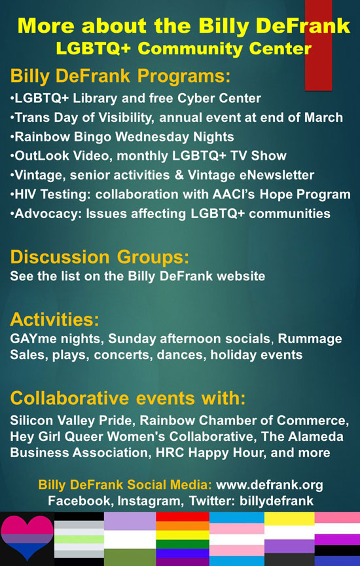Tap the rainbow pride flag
(x=183, y=539)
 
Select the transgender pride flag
(x=237, y=539)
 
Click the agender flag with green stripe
(x=79, y=539)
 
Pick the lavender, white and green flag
(x=130, y=539)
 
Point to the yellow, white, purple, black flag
(x=290, y=539)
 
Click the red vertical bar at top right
(x=318, y=45)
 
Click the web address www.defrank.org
(x=270, y=485)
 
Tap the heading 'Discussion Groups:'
(x=99, y=257)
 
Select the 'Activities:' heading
(x=54, y=320)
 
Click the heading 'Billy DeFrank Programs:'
(x=120, y=76)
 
